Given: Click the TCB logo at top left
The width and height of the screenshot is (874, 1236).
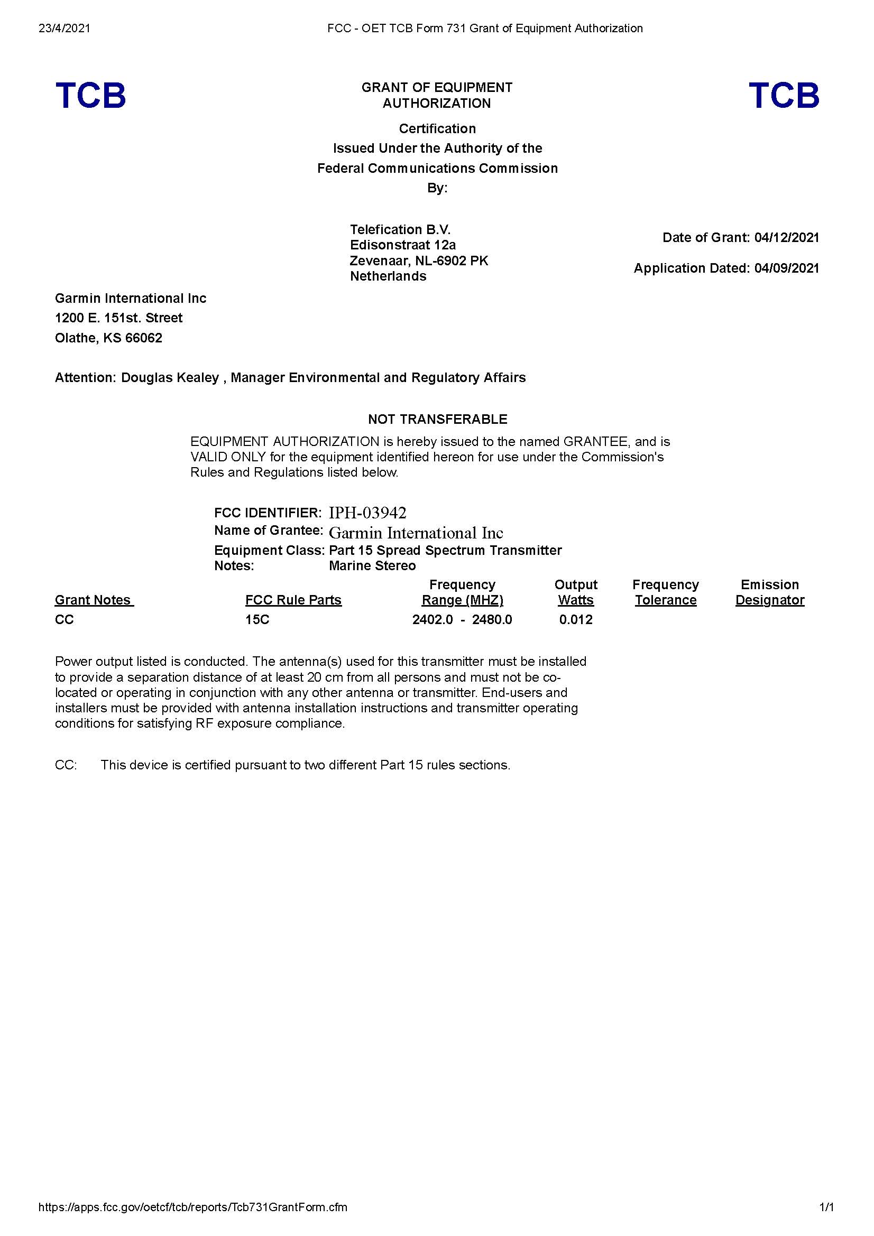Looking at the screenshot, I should tap(90, 95).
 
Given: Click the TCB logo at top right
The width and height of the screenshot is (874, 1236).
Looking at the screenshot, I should tap(784, 95).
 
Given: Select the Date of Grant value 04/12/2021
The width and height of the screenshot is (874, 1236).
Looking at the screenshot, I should tap(786, 237).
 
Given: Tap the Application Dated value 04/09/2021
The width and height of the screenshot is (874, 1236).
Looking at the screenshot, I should tap(786, 268).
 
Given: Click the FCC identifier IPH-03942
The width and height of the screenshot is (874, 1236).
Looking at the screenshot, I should tap(367, 513).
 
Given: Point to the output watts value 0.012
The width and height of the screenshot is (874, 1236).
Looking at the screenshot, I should tap(576, 620).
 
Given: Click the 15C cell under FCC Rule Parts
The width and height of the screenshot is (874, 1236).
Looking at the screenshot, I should tap(257, 620).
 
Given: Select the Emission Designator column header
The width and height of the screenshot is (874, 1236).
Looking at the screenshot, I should tap(769, 592).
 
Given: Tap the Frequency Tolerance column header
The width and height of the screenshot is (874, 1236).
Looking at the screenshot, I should tap(665, 592).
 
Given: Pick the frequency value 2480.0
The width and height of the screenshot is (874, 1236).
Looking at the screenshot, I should tap(492, 620).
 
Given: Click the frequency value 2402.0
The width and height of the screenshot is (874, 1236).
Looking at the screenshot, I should tap(433, 620).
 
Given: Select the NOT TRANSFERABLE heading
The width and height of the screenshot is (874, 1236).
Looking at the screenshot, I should tap(437, 419).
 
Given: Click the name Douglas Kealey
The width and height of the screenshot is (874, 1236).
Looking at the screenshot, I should tap(170, 377).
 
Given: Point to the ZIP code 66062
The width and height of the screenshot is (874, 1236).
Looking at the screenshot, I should tap(144, 338).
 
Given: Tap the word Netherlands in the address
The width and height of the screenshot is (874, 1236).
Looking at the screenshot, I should tap(388, 276).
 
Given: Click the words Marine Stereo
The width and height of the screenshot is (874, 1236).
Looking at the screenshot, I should tap(372, 566).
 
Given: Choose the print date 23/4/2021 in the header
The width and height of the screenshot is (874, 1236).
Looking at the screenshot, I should tap(64, 28).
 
